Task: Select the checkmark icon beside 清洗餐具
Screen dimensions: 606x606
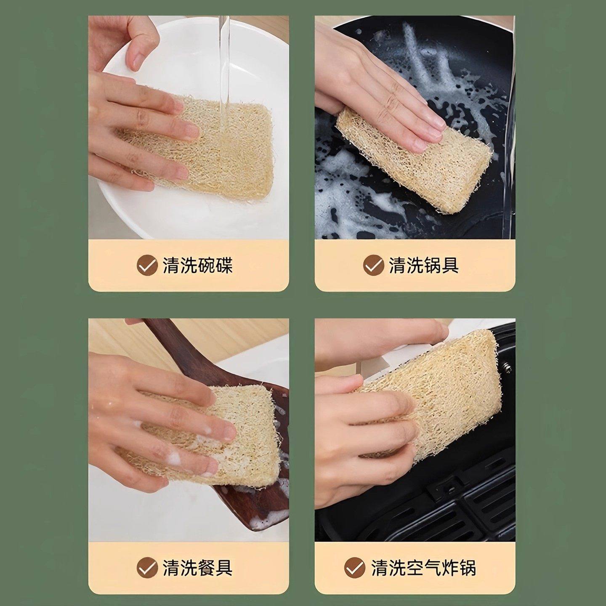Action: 147,568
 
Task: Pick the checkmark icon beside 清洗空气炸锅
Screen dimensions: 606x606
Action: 355,568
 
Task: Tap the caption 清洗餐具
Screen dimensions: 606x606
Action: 197,568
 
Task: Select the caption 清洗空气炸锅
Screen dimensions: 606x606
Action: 423,568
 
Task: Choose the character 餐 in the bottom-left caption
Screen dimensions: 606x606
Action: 206,568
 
